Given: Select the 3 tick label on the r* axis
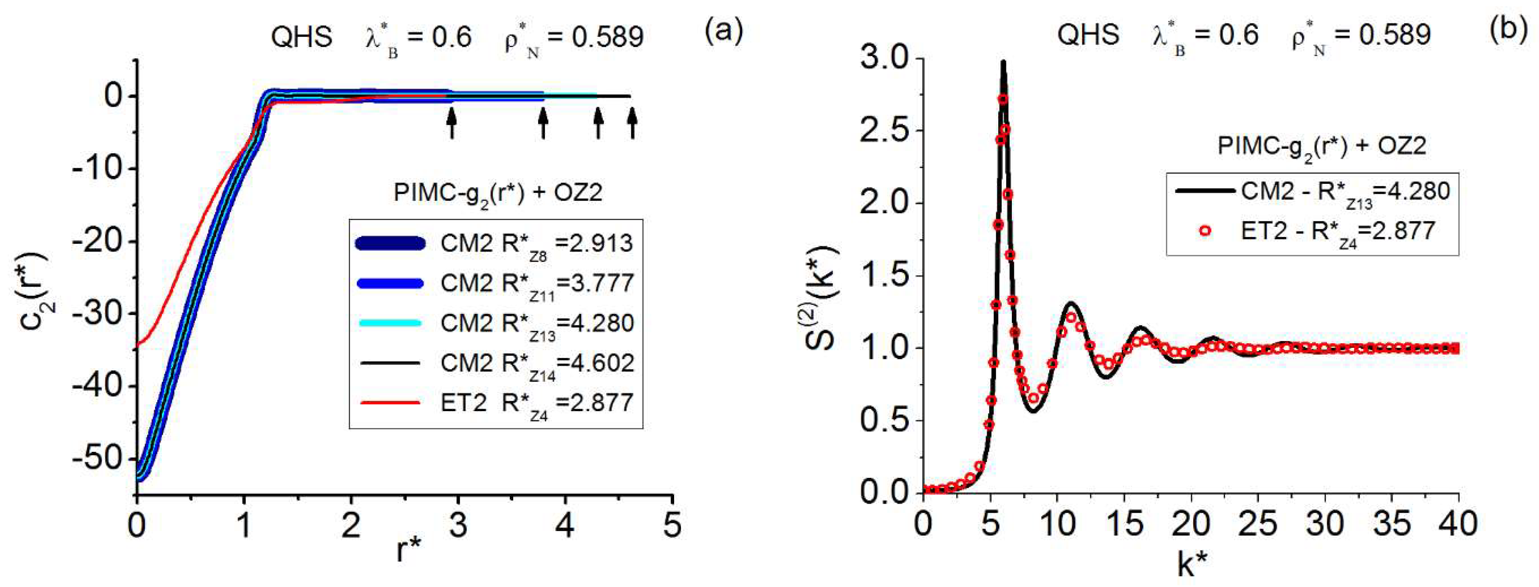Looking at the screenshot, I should [458, 525].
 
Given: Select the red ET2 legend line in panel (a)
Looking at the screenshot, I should [390, 403].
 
